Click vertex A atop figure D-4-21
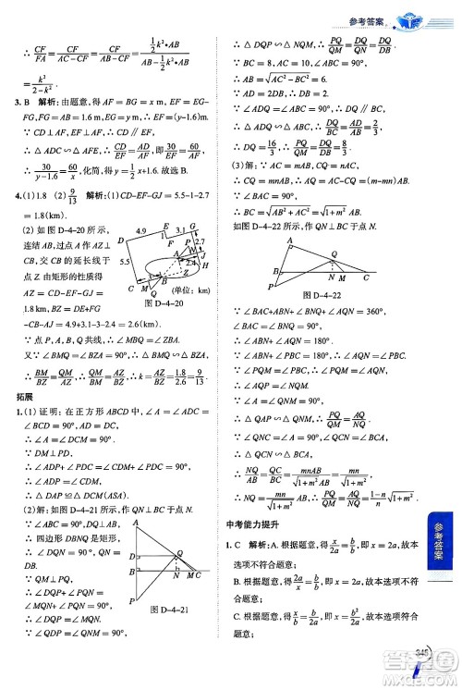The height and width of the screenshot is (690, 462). coord(136,522)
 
